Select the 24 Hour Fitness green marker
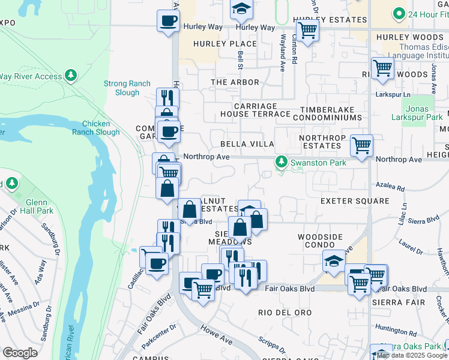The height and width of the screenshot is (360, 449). click(x=398, y=14)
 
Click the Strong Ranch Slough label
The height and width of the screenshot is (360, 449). click(x=121, y=88)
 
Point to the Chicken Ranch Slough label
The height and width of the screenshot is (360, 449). click(x=100, y=128)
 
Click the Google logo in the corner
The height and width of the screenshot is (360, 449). click(x=20, y=353)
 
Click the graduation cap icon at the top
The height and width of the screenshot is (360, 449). click(x=241, y=8)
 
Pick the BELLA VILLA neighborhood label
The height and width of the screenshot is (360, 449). click(x=247, y=145)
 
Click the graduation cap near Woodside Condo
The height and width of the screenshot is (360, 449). click(x=334, y=260)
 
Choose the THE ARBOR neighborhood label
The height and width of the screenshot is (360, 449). click(x=235, y=82)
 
